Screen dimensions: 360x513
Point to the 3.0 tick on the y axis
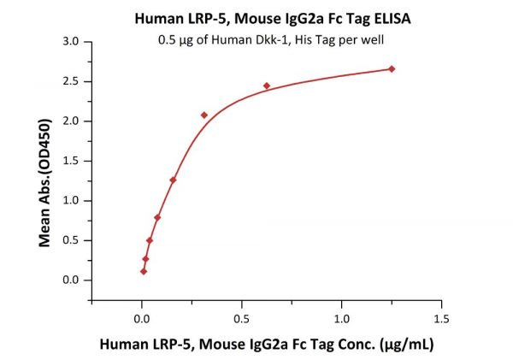[x=72, y=41]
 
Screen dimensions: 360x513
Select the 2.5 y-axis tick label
[x=72, y=81]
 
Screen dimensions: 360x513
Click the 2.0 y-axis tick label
[x=72, y=121]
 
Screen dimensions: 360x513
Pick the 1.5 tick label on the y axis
[x=72, y=161]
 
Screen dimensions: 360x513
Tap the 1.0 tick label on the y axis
[x=72, y=200]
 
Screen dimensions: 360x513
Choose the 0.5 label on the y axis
[x=72, y=240]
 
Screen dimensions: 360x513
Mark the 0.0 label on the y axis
[x=72, y=280]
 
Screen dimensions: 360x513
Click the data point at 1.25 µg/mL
[x=392, y=68]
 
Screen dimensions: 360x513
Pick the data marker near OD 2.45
[x=267, y=86]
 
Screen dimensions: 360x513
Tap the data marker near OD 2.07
[x=204, y=115]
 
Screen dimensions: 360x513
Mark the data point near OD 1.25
[x=173, y=180]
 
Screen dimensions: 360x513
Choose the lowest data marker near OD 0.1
[x=144, y=271]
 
